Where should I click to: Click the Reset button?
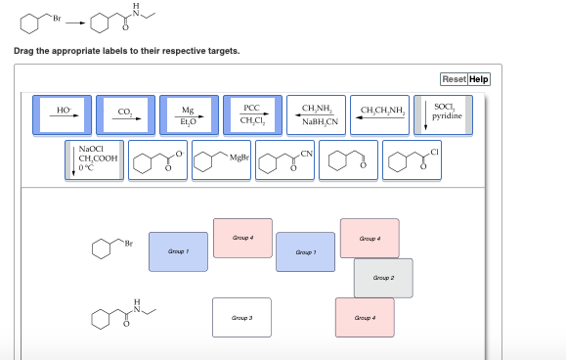coord(454,79)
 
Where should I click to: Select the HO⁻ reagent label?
coord(64,114)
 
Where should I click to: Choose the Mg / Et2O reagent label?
coord(188,114)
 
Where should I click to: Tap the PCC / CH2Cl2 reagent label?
coord(251,114)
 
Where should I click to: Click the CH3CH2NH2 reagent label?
coord(382,114)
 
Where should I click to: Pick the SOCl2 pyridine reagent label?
coord(444,114)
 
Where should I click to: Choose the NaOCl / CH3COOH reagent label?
coord(94,159)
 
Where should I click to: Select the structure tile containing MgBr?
coord(222,159)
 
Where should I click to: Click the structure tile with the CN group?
coord(285,159)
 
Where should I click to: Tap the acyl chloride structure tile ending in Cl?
coord(412,159)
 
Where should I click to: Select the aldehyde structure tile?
coord(348,159)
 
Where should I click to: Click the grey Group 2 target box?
coord(383,277)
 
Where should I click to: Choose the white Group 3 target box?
coord(242,317)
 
